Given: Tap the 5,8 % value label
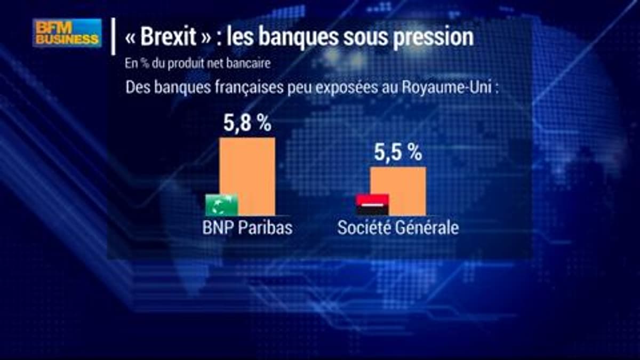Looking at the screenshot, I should (247, 124).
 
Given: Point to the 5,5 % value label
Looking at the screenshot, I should (398, 154).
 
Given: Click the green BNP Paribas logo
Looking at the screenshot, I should (222, 205).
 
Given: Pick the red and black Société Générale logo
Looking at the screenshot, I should (372, 205).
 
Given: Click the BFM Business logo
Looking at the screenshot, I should (67, 33).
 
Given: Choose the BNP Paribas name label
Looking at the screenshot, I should (247, 228).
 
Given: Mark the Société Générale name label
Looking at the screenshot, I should (398, 228).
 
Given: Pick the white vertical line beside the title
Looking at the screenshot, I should (114, 36).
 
